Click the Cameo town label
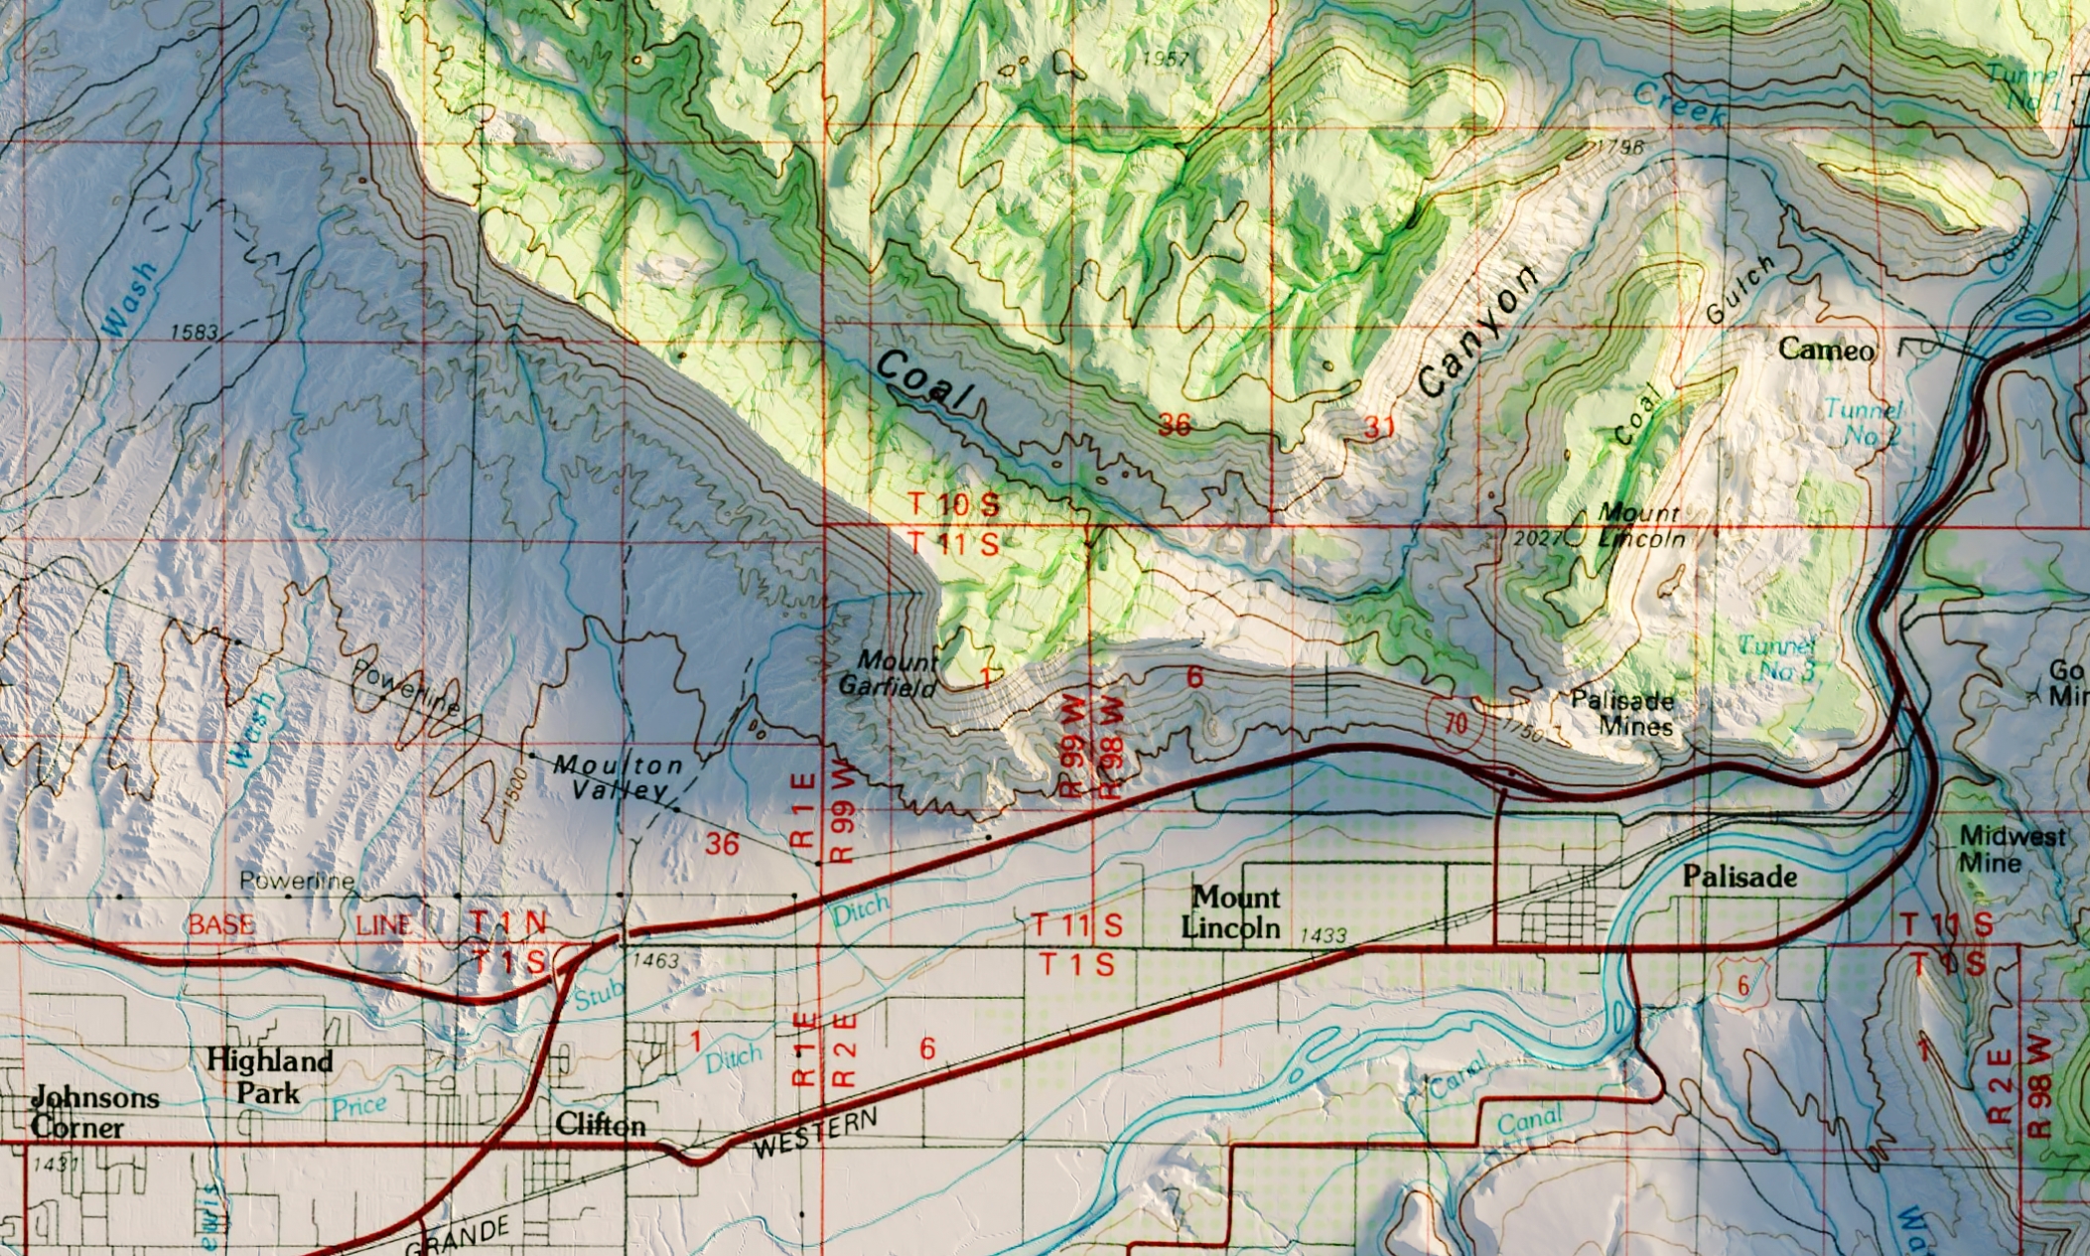pos(1826,349)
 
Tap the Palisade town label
pos(1740,877)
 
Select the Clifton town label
pos(601,1125)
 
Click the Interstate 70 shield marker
pos(1455,724)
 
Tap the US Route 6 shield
pos(1742,986)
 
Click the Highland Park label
pos(269,1076)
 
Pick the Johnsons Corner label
pos(93,1112)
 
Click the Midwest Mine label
pos(2012,850)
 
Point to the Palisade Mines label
pos(1622,713)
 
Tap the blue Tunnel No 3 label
pos(1777,658)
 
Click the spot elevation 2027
pos(1537,538)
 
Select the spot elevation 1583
pos(194,332)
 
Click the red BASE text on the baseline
pos(221,925)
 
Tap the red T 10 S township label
pos(953,504)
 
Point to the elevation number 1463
pos(655,960)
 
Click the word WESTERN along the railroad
pos(815,1133)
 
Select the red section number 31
pos(1379,428)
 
